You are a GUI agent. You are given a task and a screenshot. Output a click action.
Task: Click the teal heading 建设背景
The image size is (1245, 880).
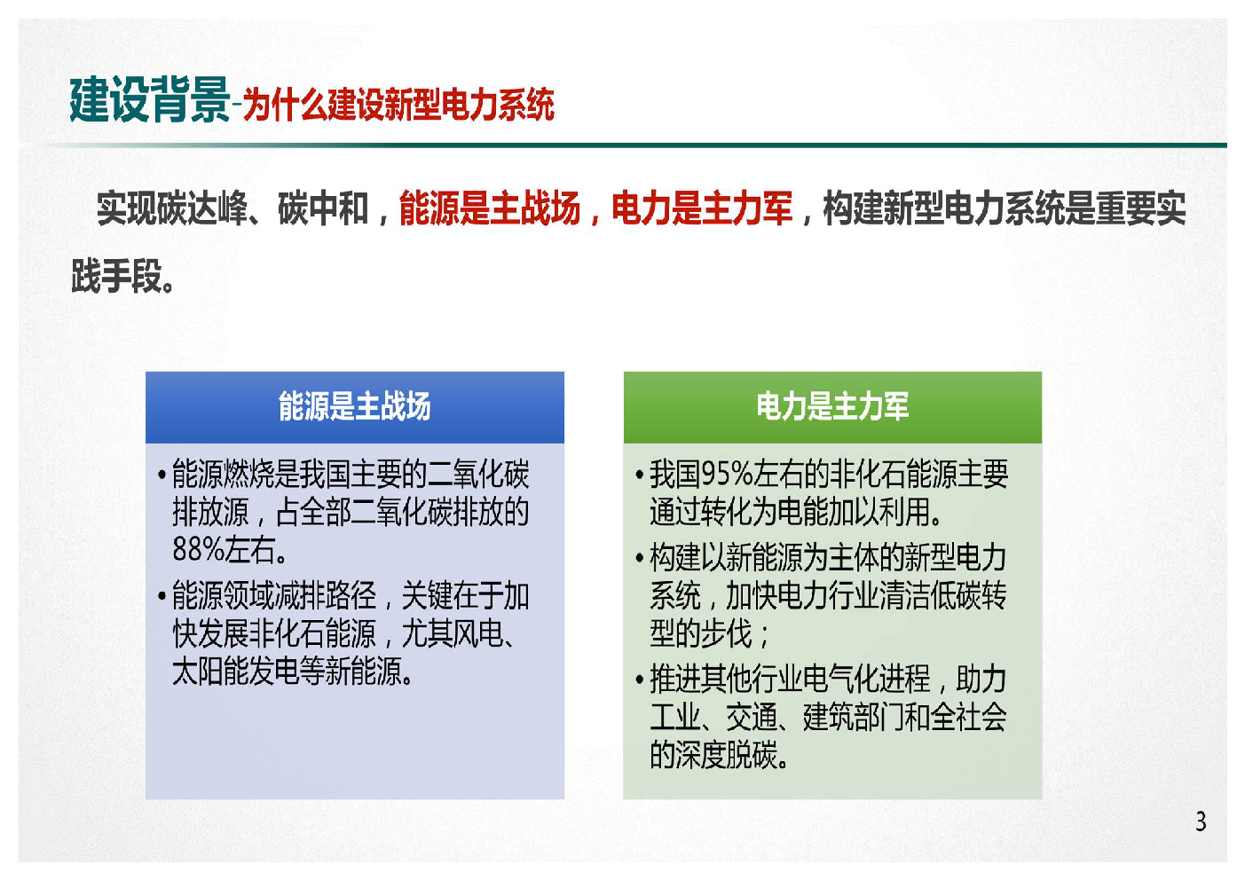pyautogui.click(x=149, y=100)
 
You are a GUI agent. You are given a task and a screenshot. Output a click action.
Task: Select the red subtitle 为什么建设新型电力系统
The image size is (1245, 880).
pyautogui.click(x=398, y=104)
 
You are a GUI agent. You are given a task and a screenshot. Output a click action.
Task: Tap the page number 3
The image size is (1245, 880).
pyautogui.click(x=1201, y=821)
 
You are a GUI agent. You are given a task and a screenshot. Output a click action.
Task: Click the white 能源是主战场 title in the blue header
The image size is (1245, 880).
pyautogui.click(x=355, y=405)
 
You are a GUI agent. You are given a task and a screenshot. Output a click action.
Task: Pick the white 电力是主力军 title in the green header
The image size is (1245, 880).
pyautogui.click(x=832, y=405)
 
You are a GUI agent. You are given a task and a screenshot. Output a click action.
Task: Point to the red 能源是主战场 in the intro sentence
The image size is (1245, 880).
pyautogui.click(x=490, y=208)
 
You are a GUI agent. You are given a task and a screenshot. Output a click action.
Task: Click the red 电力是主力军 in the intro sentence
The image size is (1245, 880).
pyautogui.click(x=702, y=208)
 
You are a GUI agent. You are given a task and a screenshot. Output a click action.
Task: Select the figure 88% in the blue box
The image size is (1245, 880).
pyautogui.click(x=199, y=549)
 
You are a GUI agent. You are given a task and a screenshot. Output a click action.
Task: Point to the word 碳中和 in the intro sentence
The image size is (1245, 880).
pyautogui.click(x=323, y=208)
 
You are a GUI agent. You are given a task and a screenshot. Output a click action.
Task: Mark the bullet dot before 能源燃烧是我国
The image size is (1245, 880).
pyautogui.click(x=162, y=475)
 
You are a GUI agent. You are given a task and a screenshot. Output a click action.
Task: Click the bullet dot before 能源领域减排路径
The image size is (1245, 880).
pyautogui.click(x=162, y=596)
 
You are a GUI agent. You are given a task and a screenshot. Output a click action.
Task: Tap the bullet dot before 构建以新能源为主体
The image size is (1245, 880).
pyautogui.click(x=639, y=558)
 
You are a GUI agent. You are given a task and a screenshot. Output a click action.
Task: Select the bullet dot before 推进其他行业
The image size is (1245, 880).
pyautogui.click(x=639, y=680)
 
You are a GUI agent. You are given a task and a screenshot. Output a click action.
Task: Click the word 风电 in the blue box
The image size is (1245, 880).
pyautogui.click(x=478, y=633)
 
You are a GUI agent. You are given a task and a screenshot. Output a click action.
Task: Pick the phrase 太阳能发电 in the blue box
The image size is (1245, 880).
pyautogui.click(x=236, y=672)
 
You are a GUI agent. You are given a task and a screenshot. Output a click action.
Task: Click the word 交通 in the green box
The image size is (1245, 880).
pyautogui.click(x=752, y=717)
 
